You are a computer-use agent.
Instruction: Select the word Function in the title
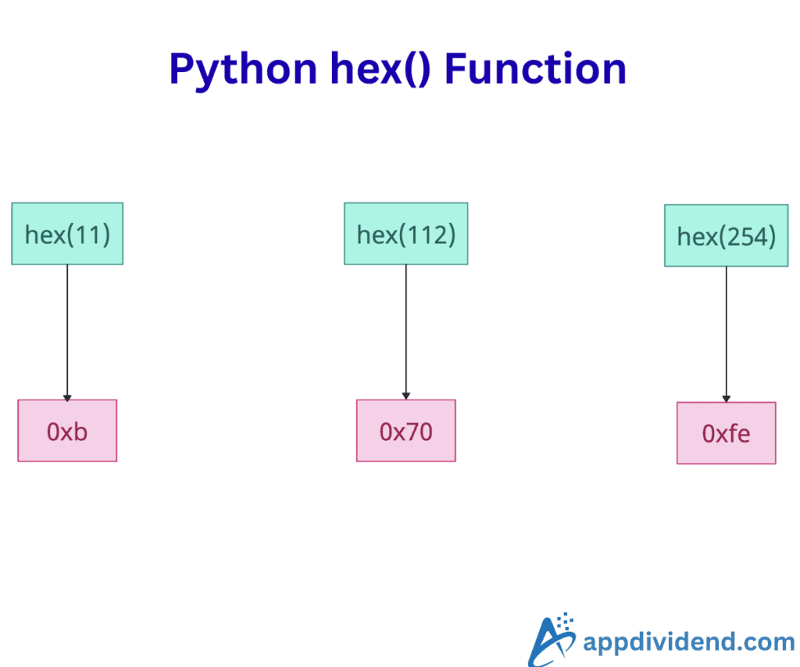click(x=535, y=70)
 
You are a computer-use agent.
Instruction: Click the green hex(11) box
click(x=67, y=234)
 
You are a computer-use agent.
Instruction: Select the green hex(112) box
click(x=405, y=234)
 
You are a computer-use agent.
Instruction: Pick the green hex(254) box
click(x=726, y=236)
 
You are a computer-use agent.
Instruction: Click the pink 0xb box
click(x=67, y=431)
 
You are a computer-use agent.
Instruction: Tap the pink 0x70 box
click(x=405, y=431)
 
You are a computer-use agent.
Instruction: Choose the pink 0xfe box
click(x=726, y=433)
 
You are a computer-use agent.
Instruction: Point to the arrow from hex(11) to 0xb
click(x=67, y=328)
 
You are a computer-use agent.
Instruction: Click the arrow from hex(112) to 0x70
click(x=405, y=328)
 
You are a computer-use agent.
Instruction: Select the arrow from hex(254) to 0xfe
click(x=726, y=332)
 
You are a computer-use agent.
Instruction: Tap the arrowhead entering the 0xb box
click(x=67, y=396)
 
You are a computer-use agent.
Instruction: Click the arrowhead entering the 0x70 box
click(x=405, y=396)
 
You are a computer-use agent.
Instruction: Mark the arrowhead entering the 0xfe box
click(x=726, y=399)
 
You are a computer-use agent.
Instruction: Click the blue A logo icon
click(x=552, y=640)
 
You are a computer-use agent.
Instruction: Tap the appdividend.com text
click(x=688, y=643)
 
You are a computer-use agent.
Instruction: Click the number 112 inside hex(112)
click(x=427, y=235)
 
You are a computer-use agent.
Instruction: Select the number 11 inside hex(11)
click(x=94, y=235)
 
